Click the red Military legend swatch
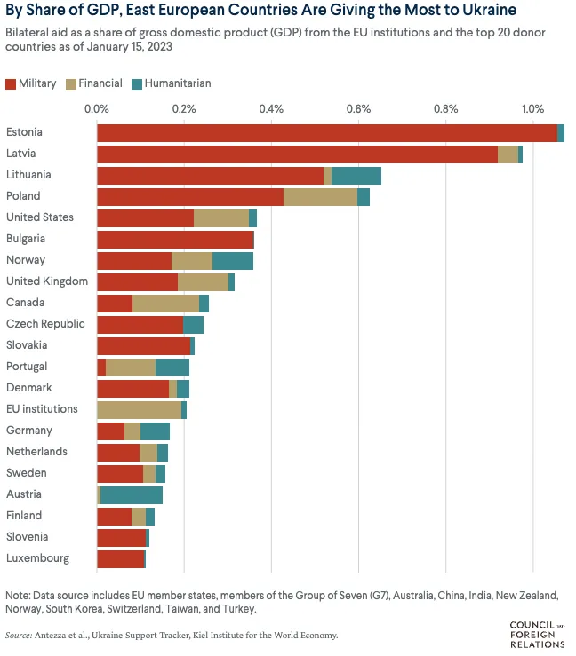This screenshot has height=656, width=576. (11, 83)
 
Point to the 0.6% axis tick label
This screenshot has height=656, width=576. (358, 109)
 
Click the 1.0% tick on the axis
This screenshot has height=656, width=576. (532, 109)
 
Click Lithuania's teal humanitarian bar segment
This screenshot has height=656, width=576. (356, 175)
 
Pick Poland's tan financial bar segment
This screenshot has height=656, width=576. (320, 196)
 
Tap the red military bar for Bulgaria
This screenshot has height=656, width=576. (174, 239)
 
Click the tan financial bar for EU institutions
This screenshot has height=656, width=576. (139, 409)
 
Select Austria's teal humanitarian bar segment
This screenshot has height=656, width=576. (132, 494)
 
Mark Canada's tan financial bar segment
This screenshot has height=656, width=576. (165, 303)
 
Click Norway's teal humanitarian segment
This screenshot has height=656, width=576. (233, 260)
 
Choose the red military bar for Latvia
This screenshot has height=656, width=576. (297, 154)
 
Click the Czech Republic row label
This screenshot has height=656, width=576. (45, 324)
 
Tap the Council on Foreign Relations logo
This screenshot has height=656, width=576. (537, 634)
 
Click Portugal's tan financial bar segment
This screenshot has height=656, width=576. (131, 367)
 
